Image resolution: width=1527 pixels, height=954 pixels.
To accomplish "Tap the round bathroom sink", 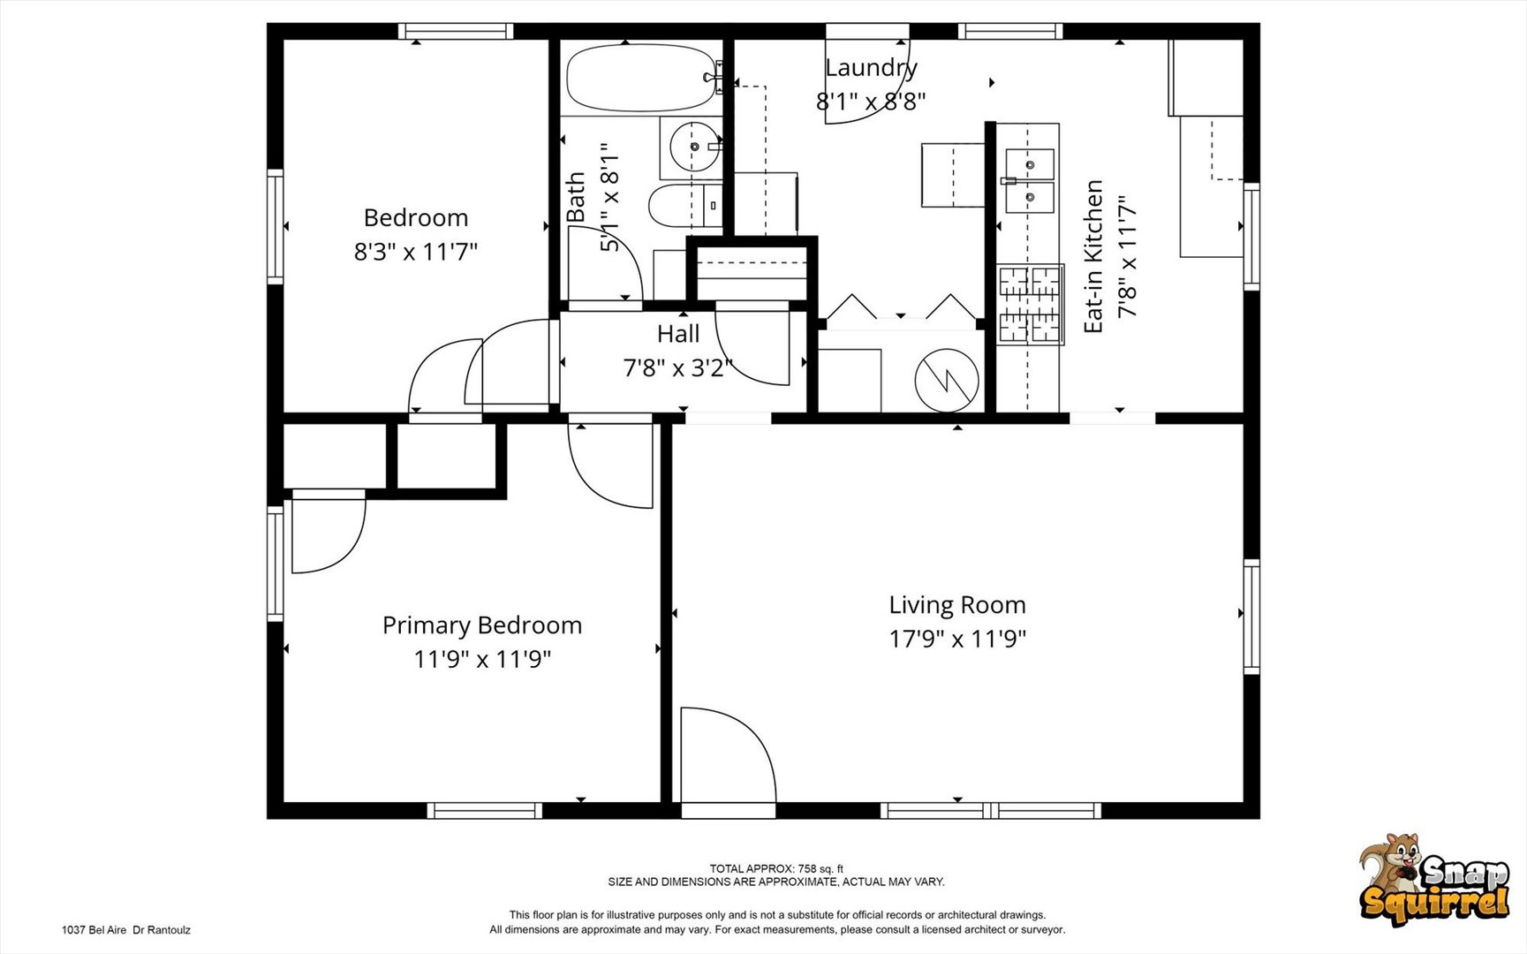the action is point(694,148).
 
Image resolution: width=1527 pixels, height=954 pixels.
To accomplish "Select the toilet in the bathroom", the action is point(685,206).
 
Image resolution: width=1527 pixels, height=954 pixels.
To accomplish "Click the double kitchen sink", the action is point(1029,181).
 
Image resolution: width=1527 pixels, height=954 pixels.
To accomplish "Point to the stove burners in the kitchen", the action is point(1030,305).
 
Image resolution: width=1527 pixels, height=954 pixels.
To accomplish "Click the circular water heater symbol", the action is point(947,381).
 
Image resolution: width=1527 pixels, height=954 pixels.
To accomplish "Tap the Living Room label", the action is point(957,605).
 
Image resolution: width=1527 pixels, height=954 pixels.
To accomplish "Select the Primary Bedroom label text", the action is point(482,625).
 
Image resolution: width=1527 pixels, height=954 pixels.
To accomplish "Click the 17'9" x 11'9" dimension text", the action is point(957,638).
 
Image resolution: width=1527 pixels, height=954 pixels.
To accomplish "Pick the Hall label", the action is point(678,334).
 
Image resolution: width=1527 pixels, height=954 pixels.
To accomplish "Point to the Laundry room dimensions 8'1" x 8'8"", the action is point(871,101).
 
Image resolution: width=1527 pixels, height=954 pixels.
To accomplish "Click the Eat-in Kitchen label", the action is point(1093,256).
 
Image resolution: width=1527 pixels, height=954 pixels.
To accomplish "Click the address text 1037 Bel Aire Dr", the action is point(126,930).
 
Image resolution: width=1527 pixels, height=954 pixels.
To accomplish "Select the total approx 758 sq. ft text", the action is point(776,869).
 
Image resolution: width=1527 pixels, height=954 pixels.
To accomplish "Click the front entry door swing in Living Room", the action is point(729,756).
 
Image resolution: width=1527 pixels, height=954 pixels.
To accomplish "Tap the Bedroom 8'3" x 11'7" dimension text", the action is point(416,252).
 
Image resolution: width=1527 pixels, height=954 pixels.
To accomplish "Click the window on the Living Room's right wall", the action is point(1251,616).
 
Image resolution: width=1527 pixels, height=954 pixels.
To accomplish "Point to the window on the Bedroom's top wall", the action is point(456,32).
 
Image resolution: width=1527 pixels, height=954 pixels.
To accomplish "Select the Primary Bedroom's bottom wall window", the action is point(485,811).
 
